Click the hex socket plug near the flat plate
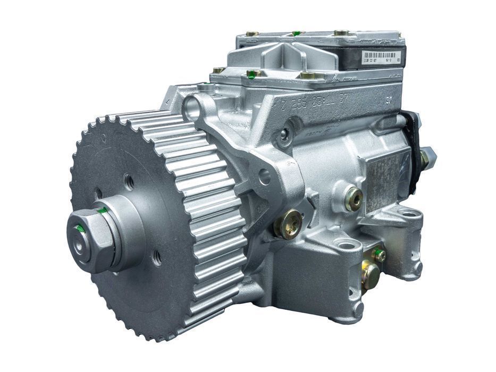[x=354, y=199]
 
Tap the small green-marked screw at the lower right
[x=379, y=255]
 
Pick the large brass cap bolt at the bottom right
[x=371, y=276]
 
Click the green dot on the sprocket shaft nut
[x=80, y=229]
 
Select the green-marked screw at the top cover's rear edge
[x=297, y=33]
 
